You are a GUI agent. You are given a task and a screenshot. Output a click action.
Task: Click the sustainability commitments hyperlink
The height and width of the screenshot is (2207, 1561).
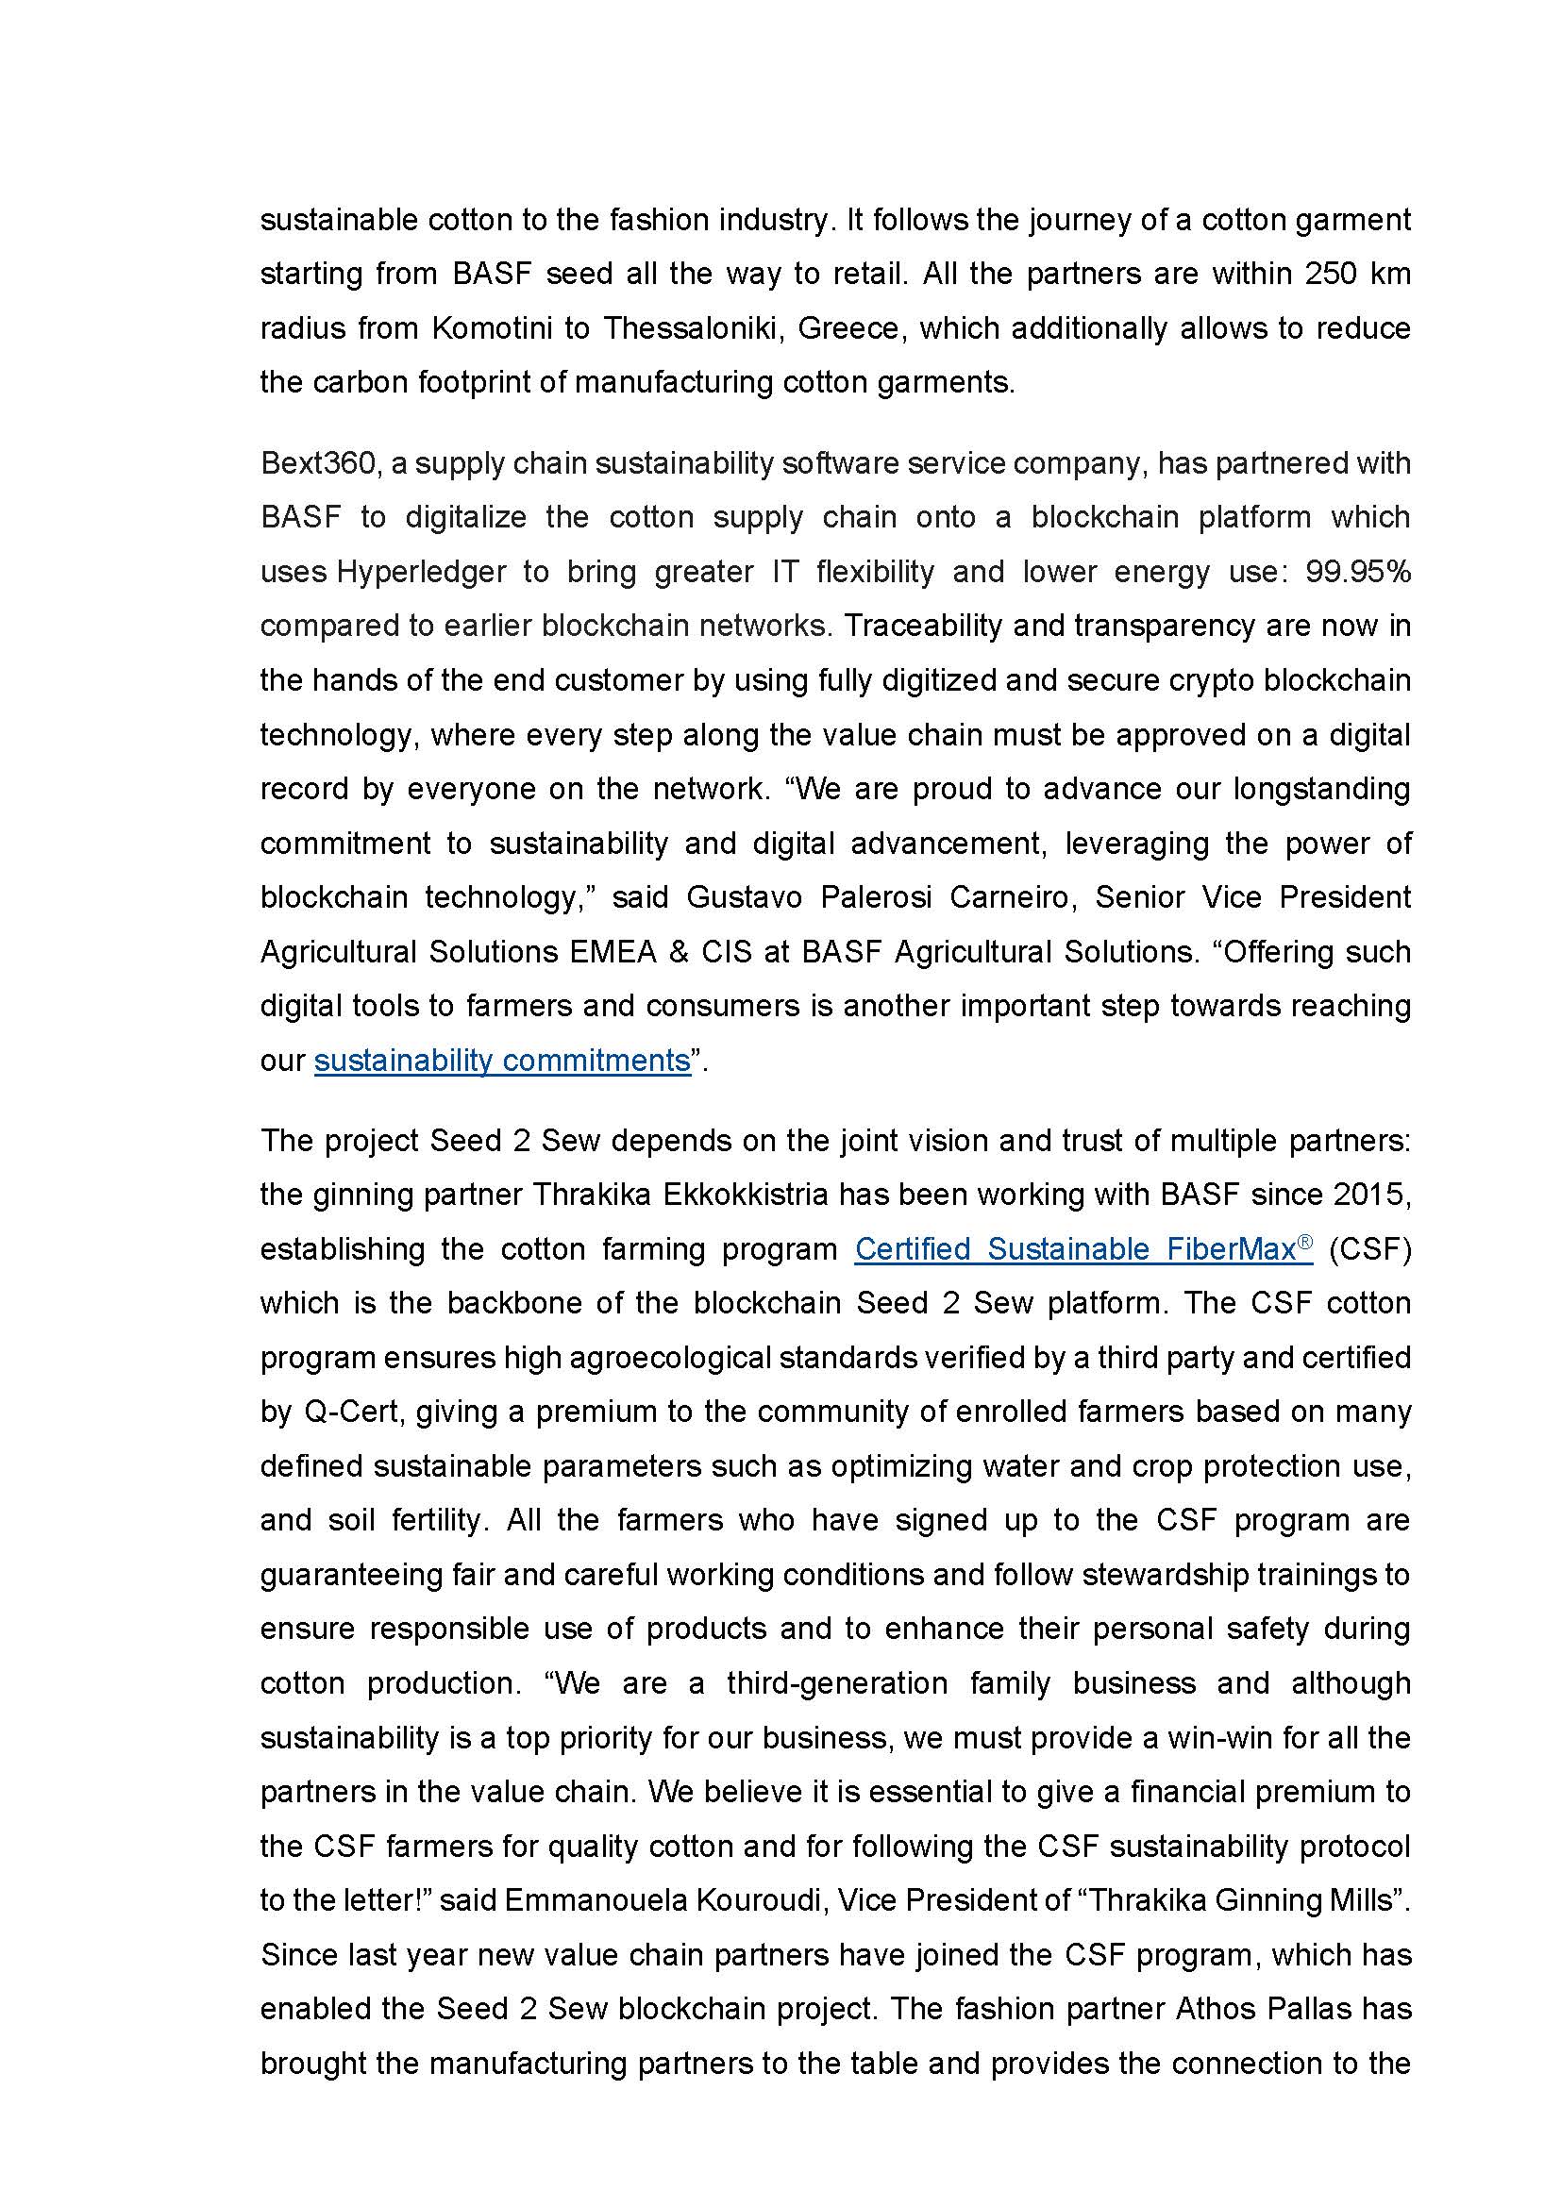pos(502,1061)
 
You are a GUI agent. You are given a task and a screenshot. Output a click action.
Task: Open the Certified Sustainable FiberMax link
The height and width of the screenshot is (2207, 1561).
pos(1075,1248)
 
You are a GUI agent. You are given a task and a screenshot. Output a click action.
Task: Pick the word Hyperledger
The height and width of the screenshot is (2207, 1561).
pos(421,572)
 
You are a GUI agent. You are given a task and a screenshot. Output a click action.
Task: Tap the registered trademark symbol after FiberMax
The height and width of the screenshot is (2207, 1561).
pos(1304,1242)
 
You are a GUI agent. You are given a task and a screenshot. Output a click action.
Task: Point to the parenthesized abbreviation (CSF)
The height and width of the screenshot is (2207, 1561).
pos(1369,1248)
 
